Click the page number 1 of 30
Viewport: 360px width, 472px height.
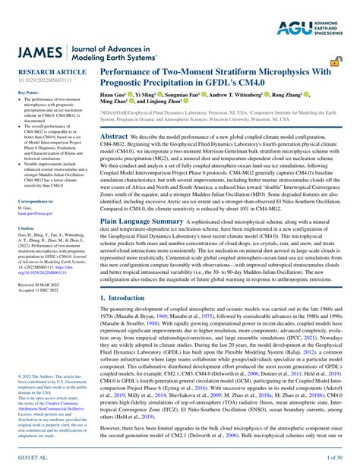tap(336, 460)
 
